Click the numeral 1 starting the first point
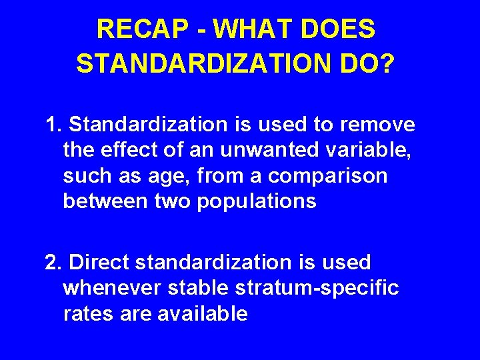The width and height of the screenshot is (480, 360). pos(51,125)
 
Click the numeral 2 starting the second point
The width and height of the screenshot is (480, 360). pos(51,263)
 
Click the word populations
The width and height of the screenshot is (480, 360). pos(257,201)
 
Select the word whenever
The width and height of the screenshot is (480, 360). pos(113,288)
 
